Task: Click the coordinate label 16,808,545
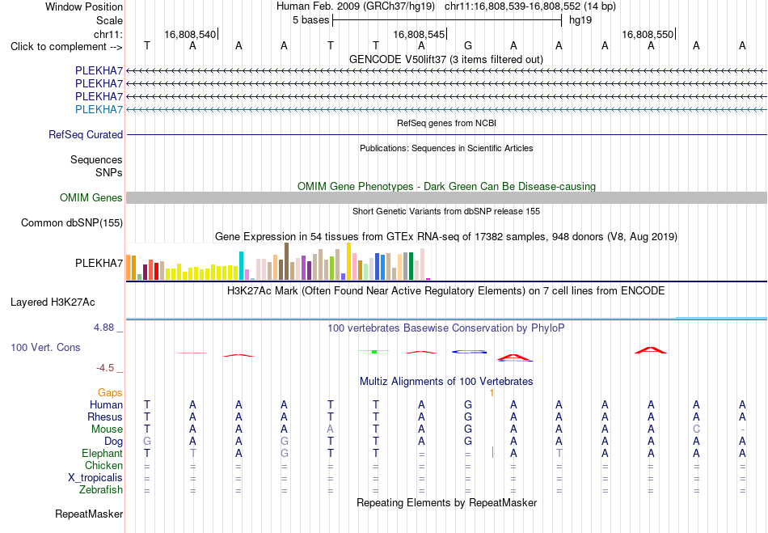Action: tap(419, 34)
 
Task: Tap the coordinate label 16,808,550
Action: tap(648, 34)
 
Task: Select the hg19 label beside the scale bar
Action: tap(580, 20)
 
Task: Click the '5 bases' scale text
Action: tap(311, 20)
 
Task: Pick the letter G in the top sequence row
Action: tap(468, 46)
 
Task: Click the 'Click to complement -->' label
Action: tap(66, 47)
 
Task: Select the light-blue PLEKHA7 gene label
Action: tap(99, 109)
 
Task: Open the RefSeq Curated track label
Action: tap(86, 135)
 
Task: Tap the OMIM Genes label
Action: tap(91, 197)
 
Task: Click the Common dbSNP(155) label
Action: tap(72, 223)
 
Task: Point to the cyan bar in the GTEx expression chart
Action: tap(241, 265)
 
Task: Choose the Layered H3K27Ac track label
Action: tap(53, 302)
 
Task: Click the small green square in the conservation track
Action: tap(374, 352)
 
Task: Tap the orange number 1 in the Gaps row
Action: tap(492, 393)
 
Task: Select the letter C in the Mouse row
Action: tap(697, 429)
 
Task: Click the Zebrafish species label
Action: tap(101, 489)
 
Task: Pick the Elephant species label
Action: tap(103, 453)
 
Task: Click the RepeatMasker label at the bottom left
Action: tap(89, 514)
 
